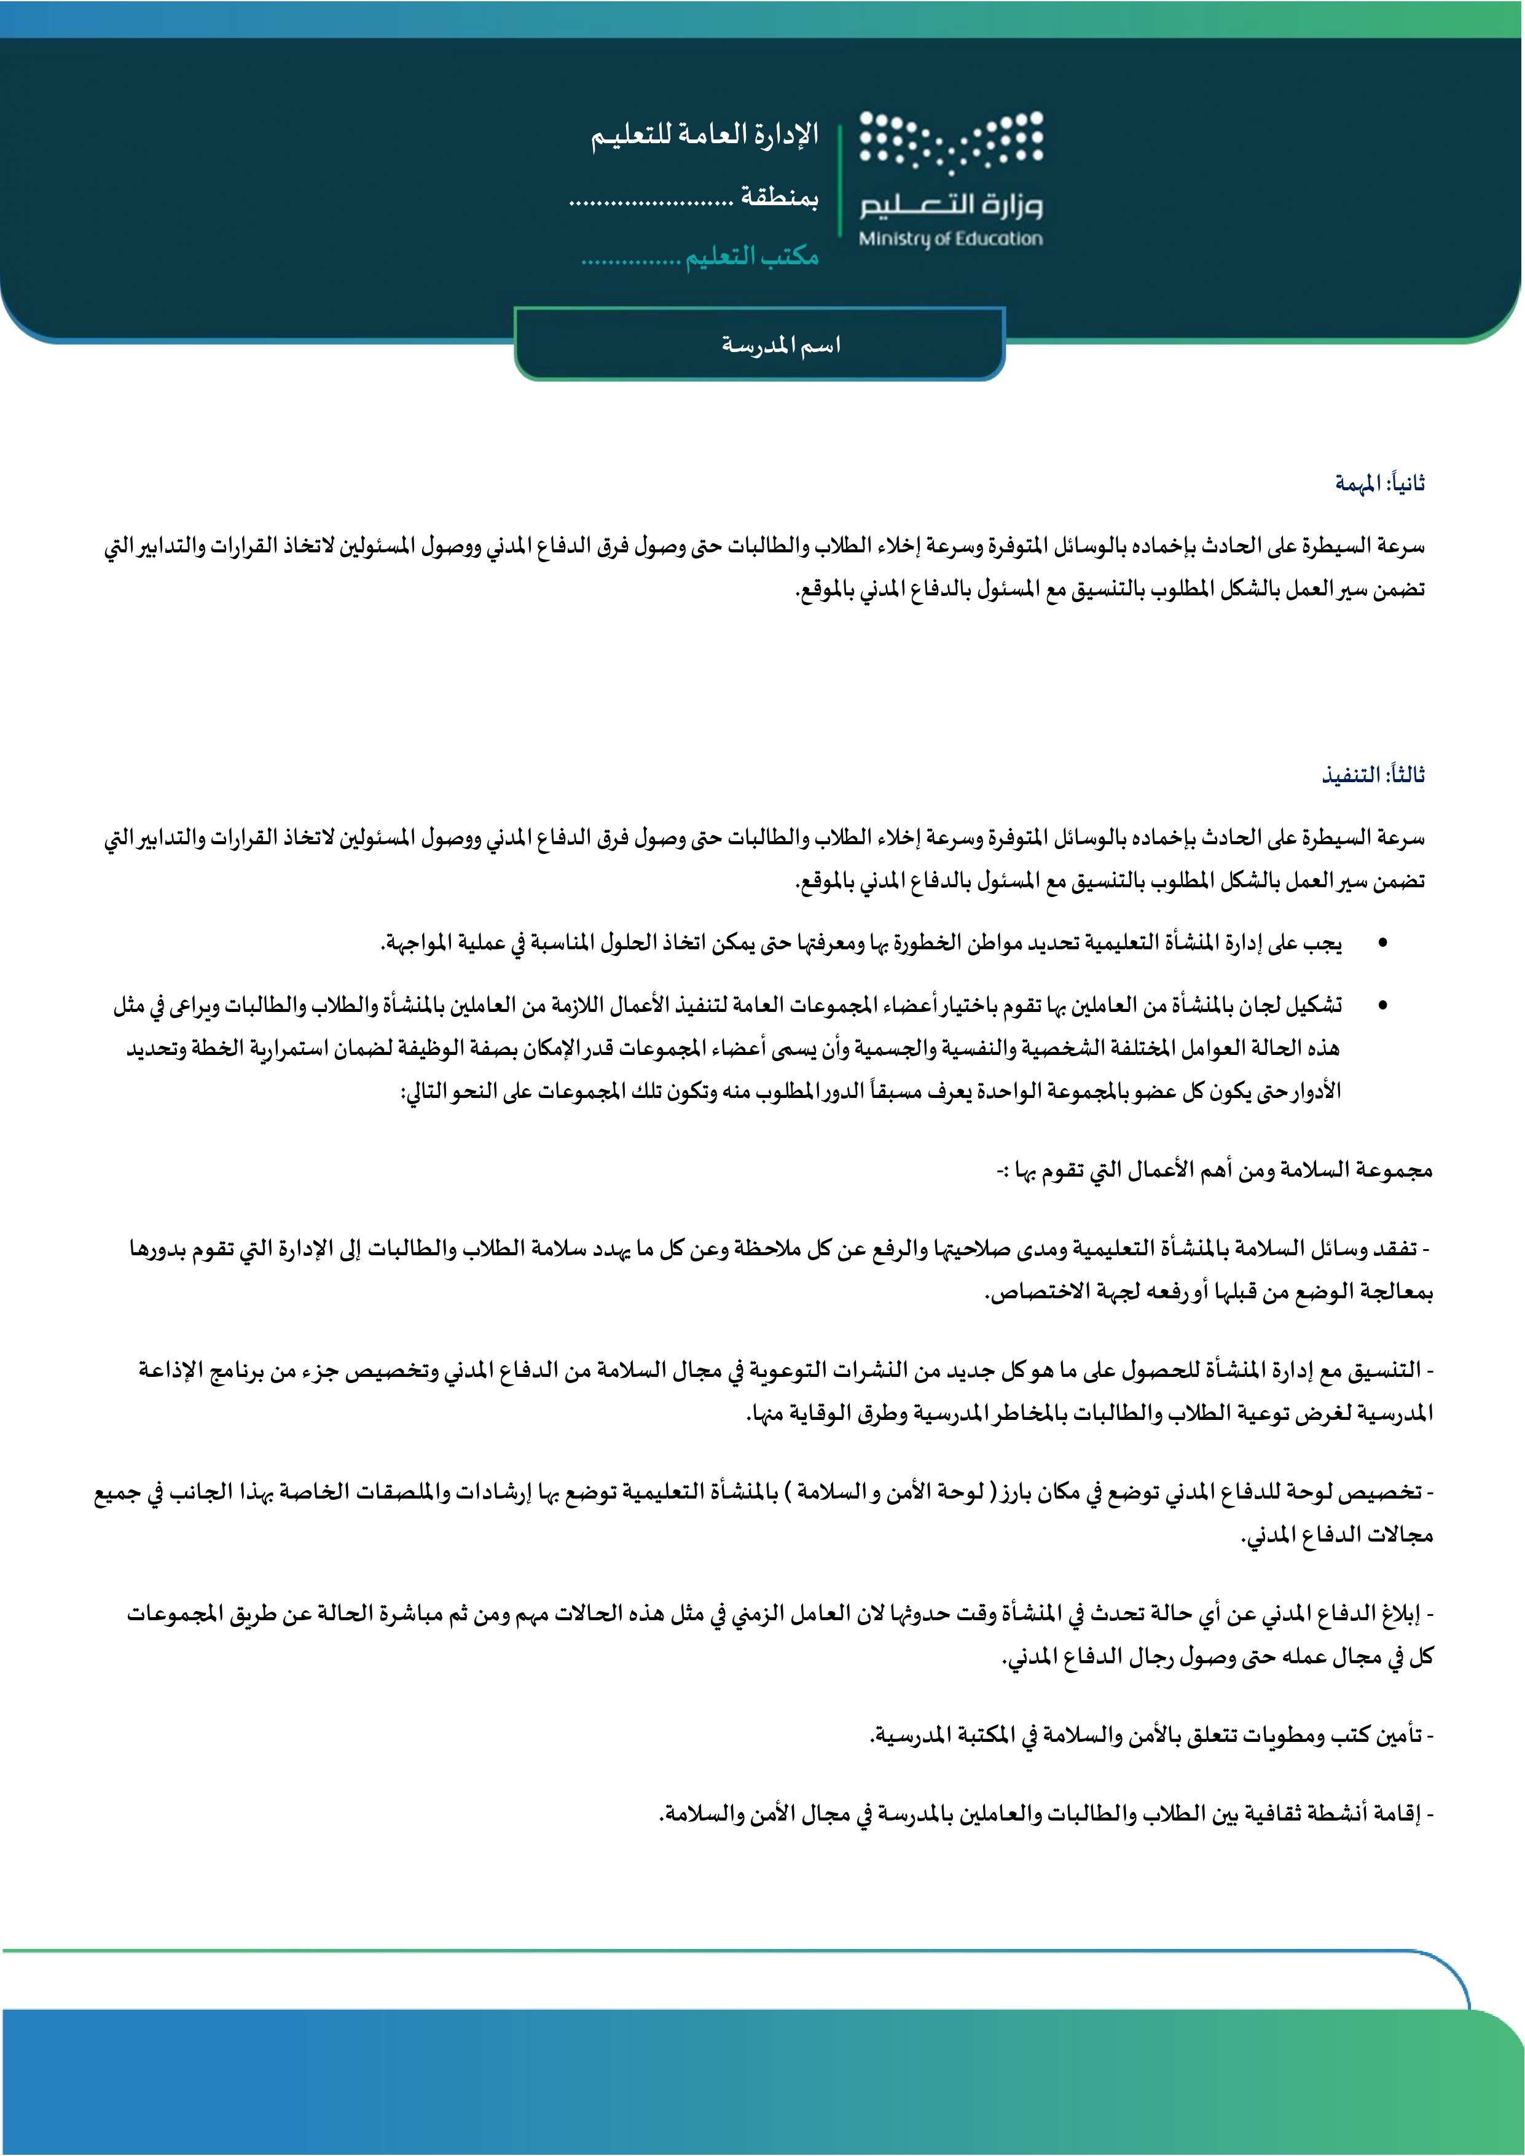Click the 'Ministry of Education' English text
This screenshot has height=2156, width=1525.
click(951, 238)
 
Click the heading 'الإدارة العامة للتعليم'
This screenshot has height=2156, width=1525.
click(704, 136)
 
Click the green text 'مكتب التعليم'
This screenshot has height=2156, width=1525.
click(751, 256)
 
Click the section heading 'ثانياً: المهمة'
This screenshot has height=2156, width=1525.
click(1381, 484)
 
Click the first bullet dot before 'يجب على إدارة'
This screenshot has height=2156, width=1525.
click(1381, 943)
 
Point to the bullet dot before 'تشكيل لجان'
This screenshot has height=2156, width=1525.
click(1381, 1006)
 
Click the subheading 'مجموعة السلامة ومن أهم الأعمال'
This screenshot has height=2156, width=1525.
click(1216, 1170)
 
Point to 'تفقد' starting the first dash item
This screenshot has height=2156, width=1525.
click(1400, 1249)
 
